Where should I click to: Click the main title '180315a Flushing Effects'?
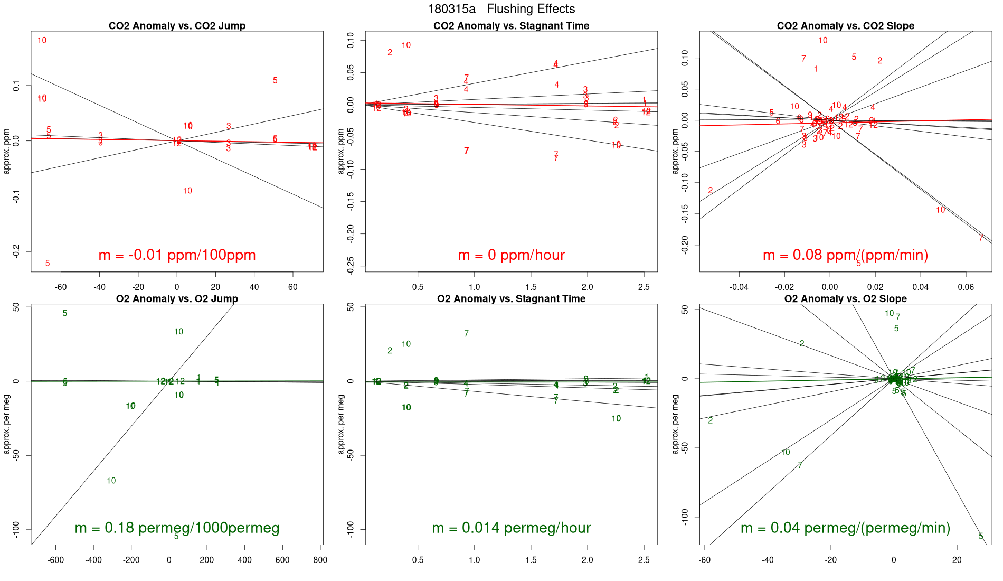point(501,9)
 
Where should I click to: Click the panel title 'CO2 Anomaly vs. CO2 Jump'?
point(177,26)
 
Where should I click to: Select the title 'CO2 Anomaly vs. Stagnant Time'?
point(511,26)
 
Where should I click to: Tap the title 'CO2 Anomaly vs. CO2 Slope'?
point(845,26)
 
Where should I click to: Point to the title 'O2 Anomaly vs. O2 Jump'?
point(177,299)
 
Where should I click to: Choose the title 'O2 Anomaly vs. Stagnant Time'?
point(511,299)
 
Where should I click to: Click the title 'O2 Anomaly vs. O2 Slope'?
point(845,299)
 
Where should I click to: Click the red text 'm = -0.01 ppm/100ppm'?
point(177,255)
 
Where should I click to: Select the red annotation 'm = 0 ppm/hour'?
point(511,255)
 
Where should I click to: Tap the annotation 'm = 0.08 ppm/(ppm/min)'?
point(845,255)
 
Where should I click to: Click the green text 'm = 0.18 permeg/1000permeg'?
point(177,528)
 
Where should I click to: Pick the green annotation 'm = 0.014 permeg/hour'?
point(511,528)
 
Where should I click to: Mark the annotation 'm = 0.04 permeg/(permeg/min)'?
point(845,528)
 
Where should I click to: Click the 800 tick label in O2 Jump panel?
point(320,560)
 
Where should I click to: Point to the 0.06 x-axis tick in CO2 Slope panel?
point(966,287)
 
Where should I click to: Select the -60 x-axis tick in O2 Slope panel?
point(705,560)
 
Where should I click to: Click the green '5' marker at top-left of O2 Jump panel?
point(65,313)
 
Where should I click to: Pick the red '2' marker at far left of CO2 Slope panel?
point(710,191)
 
